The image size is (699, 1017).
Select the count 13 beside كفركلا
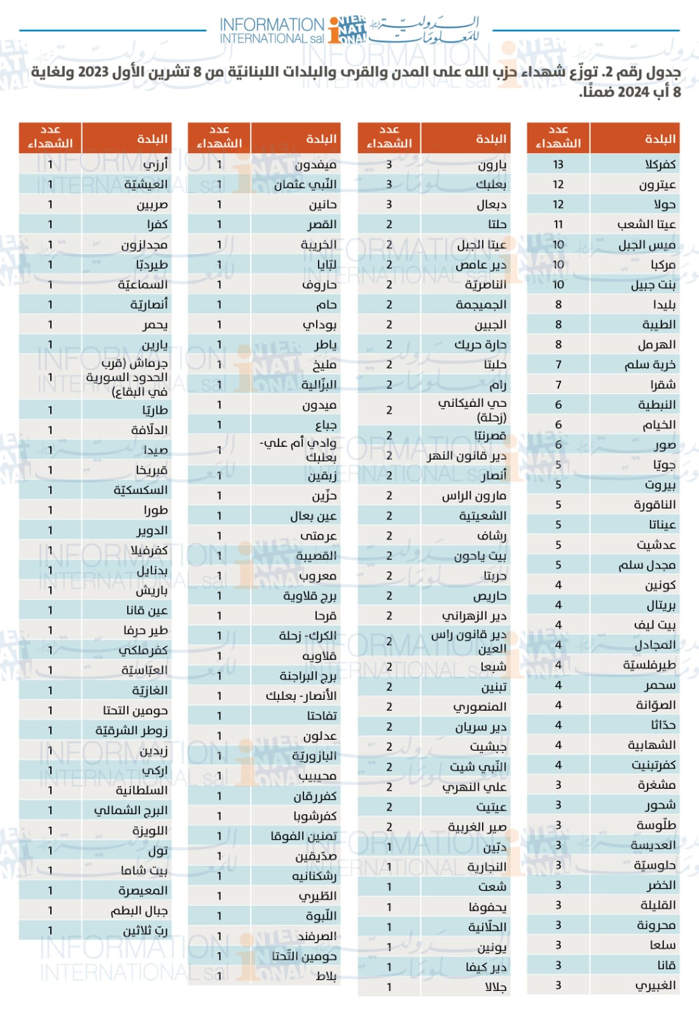point(558,165)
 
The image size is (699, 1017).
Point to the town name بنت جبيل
point(653,285)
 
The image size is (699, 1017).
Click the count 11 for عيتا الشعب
point(558,224)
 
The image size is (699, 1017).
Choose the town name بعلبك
point(491,184)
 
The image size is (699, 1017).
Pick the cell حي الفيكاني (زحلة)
point(472,410)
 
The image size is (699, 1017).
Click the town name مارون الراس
point(474,496)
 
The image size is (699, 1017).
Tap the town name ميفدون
point(315,165)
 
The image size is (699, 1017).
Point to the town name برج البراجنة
point(308,676)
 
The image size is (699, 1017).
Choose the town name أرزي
point(155,165)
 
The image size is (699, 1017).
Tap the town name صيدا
point(155,450)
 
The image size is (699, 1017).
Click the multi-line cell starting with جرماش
point(127,378)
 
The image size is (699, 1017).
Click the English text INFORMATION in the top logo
point(272,25)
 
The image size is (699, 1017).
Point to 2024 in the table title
point(633,92)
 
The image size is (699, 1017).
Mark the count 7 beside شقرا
point(558,385)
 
